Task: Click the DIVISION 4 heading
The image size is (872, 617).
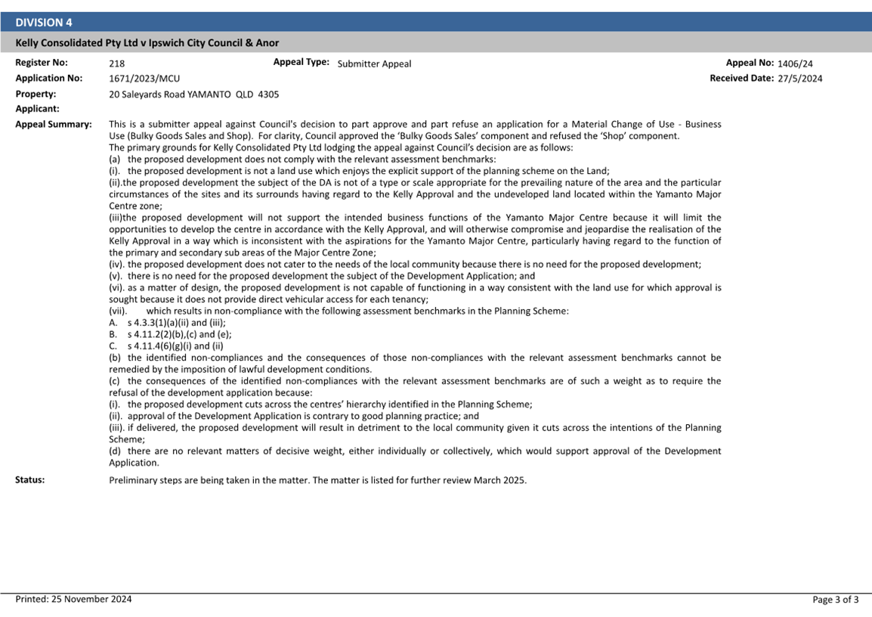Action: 44,23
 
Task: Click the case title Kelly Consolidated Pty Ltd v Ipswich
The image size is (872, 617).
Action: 147,43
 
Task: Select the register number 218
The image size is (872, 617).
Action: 117,64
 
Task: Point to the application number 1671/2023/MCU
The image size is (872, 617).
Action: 144,79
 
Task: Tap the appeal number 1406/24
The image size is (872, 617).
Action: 795,64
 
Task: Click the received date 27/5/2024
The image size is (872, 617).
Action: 799,79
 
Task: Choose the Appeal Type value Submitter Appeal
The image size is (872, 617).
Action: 374,64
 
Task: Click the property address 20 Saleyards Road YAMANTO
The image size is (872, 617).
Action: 183,95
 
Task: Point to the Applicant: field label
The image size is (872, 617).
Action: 37,109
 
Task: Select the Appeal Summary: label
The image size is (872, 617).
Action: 54,124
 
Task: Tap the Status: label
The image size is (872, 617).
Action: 30,479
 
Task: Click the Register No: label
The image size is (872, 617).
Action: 42,63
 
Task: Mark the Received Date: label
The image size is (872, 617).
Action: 741,78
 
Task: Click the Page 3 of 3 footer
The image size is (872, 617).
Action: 835,600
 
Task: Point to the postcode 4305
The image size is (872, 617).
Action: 268,95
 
